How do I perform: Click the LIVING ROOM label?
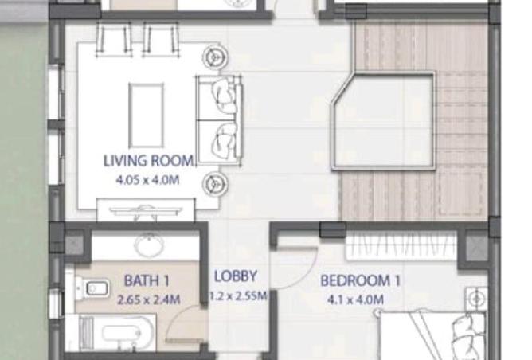pos(149,161)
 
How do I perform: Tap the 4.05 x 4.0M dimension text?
pos(147,180)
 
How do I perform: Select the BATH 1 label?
pos(147,280)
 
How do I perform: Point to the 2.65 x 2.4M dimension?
pos(148,300)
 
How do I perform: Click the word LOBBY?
pos(236,276)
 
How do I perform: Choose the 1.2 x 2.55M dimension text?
pos(238,295)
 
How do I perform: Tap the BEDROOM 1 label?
pos(360,280)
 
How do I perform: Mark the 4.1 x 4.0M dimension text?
pos(355,300)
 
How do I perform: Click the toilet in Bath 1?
pos(92,289)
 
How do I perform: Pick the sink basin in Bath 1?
pos(149,244)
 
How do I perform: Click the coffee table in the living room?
pos(147,115)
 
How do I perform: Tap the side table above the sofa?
pos(215,57)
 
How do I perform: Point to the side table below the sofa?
pos(215,184)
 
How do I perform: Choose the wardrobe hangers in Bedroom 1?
pos(401,246)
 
